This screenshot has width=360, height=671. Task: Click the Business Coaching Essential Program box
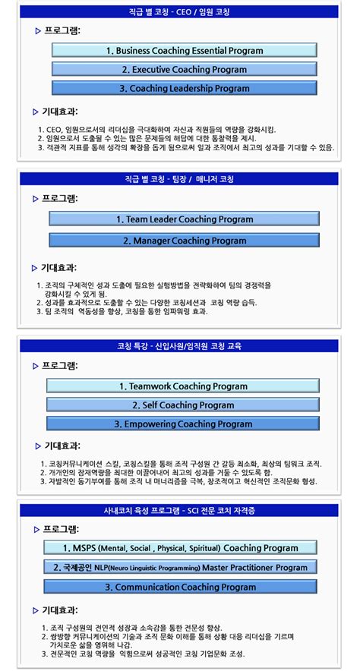(185, 51)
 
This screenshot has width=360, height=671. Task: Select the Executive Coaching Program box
(185, 70)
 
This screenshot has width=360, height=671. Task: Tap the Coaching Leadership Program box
(185, 89)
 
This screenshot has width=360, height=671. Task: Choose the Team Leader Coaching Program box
(185, 219)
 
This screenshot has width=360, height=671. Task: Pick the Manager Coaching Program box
(185, 241)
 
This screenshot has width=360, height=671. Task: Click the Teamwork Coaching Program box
(183, 386)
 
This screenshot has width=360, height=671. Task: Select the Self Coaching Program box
(183, 405)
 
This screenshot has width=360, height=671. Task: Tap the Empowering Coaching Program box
(183, 424)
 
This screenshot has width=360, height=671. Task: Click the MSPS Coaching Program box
(180, 548)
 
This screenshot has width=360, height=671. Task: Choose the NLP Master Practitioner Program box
(180, 567)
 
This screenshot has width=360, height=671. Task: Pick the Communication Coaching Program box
(180, 587)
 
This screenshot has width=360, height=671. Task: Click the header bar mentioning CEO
(180, 12)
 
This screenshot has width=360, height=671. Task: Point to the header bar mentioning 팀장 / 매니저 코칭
(180, 180)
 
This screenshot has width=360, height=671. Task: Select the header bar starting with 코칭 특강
(180, 346)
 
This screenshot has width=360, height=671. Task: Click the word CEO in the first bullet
(55, 130)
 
